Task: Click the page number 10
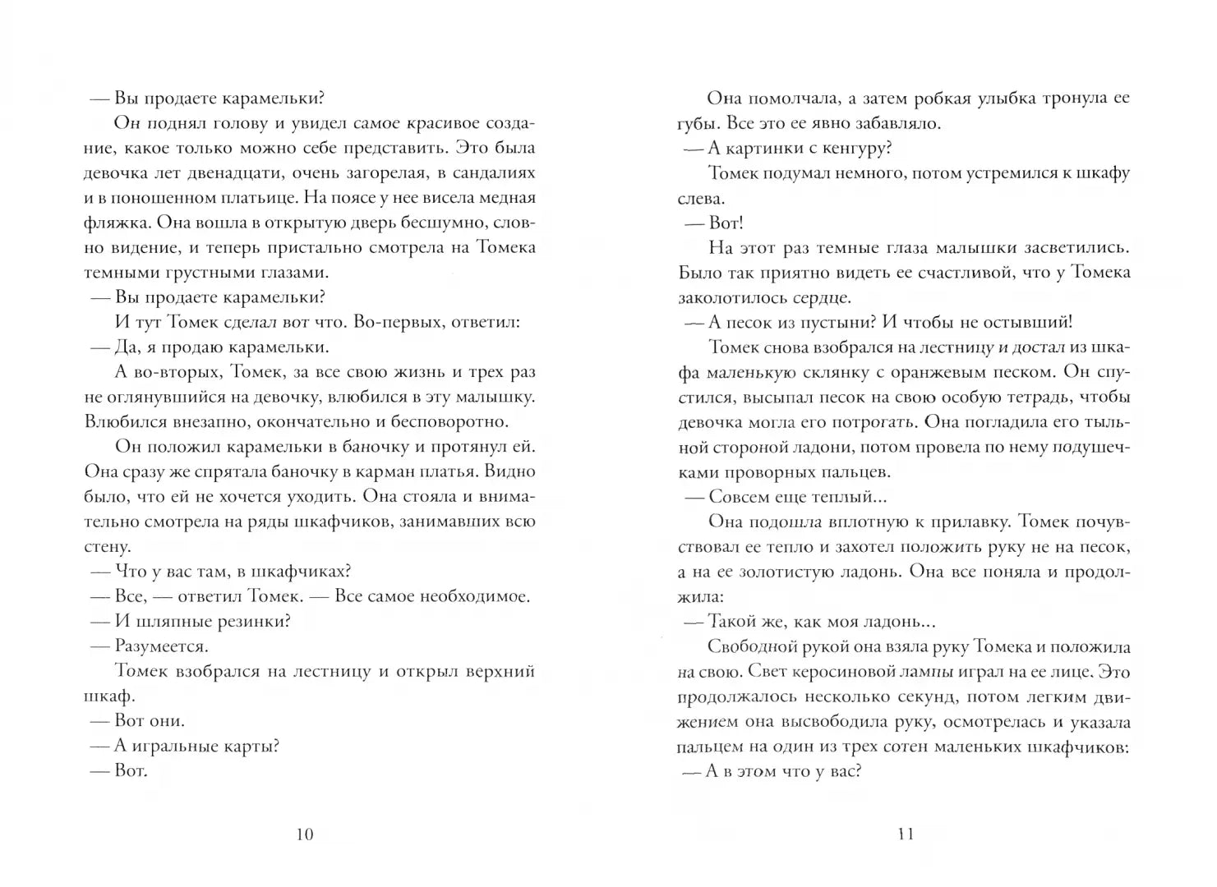(x=303, y=834)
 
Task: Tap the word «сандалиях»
(x=492, y=173)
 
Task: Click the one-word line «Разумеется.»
(x=161, y=646)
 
